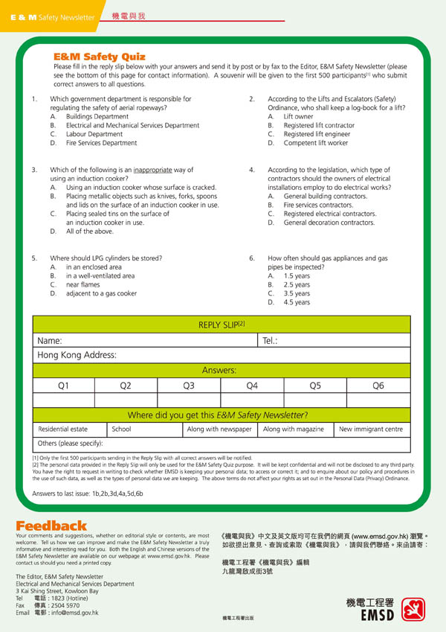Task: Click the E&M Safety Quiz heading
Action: point(99,57)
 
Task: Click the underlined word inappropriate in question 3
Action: point(153,170)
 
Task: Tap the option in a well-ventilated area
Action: point(100,275)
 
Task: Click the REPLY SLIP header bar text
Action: point(222,325)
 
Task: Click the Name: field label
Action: point(50,341)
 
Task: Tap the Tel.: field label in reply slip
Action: point(271,341)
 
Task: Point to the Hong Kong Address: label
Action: point(77,356)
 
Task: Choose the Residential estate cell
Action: point(63,430)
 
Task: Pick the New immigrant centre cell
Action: point(370,430)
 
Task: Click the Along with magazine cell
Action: point(294,430)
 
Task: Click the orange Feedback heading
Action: point(51,526)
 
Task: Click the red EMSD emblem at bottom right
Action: point(413,609)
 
